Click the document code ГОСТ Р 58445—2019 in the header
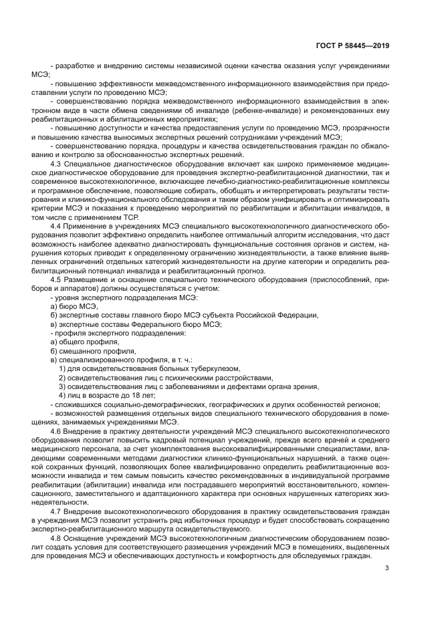click(352, 46)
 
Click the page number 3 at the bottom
click(386, 569)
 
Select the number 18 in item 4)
click(122, 395)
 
